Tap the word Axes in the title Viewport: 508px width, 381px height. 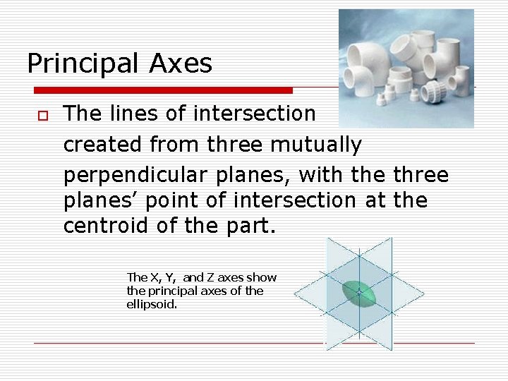(181, 64)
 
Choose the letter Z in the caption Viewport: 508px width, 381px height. (210, 278)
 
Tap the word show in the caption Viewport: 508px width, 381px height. (262, 278)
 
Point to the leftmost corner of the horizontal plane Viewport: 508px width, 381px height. (294, 291)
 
